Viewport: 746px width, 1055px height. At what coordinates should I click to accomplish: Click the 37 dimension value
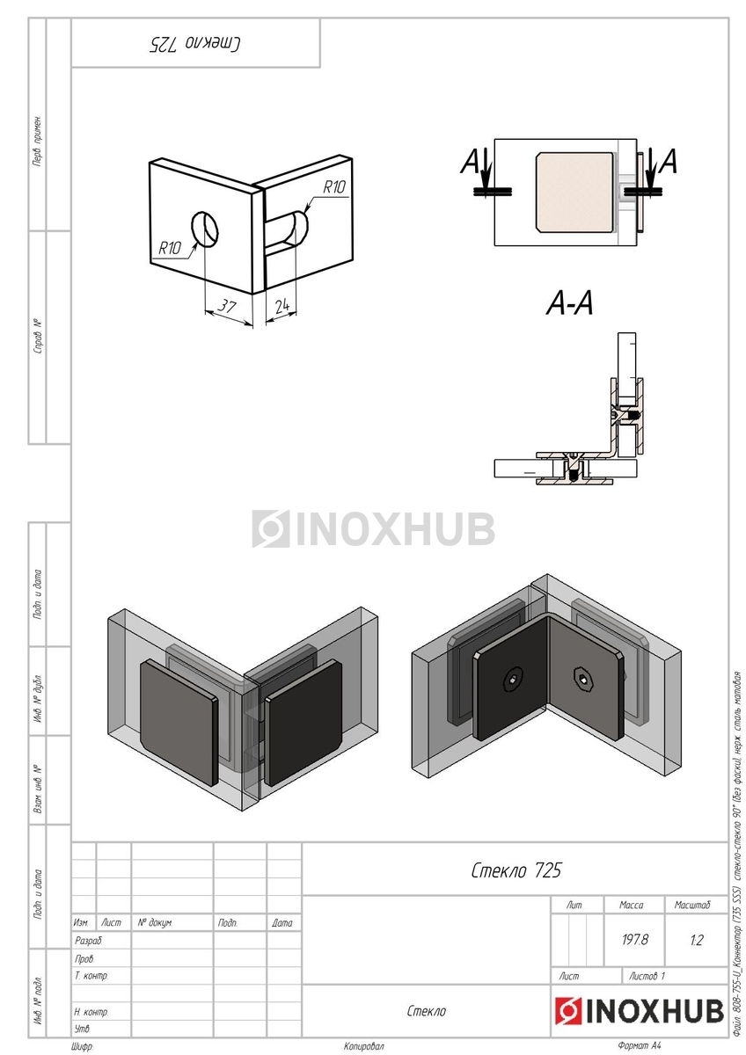(x=228, y=306)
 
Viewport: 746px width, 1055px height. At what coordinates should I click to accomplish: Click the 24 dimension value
(x=282, y=306)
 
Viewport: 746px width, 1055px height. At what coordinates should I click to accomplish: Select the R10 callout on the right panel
(x=333, y=186)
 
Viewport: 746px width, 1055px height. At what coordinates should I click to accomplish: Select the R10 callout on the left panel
(x=170, y=248)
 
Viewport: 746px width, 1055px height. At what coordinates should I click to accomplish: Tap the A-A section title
(x=570, y=304)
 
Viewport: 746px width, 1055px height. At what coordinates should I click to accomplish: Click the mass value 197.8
(x=634, y=940)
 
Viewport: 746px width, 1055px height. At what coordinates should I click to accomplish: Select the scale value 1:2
(x=697, y=940)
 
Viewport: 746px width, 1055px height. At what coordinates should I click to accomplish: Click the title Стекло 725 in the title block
(x=516, y=870)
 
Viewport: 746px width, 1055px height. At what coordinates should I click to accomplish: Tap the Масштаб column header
(x=693, y=905)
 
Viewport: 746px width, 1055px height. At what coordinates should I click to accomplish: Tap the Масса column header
(x=632, y=905)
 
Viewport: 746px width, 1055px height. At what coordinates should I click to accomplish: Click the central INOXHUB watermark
(x=374, y=528)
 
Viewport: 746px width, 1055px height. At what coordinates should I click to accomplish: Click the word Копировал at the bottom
(x=364, y=1046)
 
